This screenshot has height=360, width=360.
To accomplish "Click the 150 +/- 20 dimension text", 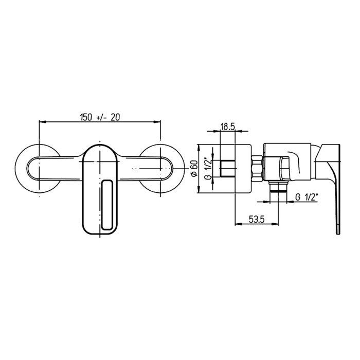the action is pos(100,117).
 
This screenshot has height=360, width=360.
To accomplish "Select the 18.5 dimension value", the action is pos(228,127).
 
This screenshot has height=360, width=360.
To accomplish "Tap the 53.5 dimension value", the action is pos(257,219).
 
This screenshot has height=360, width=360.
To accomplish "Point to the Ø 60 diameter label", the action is pos(194,168).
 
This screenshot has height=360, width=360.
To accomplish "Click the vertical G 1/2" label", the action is pos(208,168).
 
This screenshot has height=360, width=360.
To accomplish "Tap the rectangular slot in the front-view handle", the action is pos(106,205).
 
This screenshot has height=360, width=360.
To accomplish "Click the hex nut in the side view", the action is pos(257,169).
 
